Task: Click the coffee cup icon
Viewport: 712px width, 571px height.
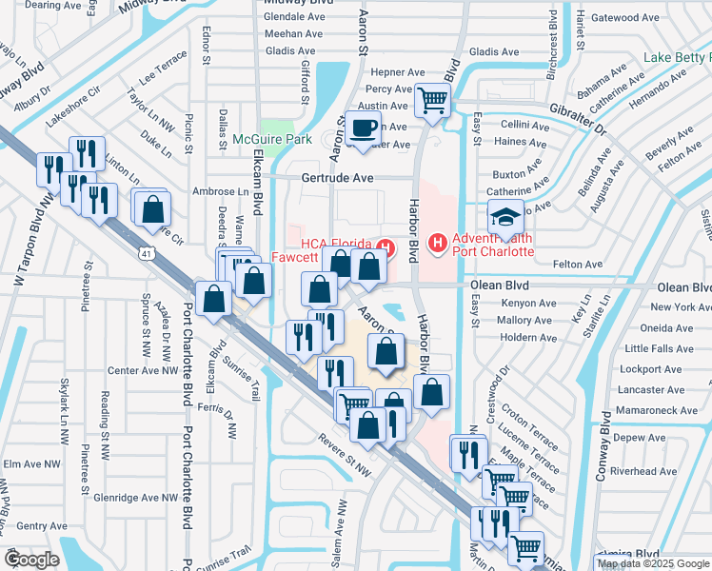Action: pyautogui.click(x=363, y=128)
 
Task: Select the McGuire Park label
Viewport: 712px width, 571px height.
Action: pyautogui.click(x=272, y=140)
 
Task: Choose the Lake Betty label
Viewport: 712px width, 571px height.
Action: pyautogui.click(x=677, y=58)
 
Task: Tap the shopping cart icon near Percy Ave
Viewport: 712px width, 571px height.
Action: pyautogui.click(x=433, y=99)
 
